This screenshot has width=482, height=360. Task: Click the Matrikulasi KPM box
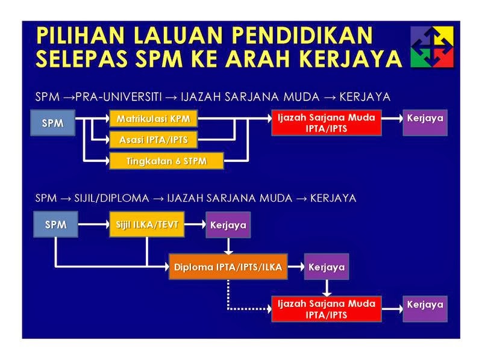(152, 119)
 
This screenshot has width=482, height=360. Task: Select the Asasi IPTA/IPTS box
(152, 140)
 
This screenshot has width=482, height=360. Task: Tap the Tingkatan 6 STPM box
(166, 161)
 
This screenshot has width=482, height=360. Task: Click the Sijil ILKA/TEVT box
(147, 225)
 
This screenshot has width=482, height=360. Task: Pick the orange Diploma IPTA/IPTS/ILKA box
(228, 267)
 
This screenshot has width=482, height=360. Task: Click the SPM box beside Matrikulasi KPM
(52, 123)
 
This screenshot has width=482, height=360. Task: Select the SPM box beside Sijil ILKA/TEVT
(56, 225)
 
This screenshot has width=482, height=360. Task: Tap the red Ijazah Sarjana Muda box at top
(326, 122)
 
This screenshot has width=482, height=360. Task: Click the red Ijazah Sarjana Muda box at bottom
(326, 308)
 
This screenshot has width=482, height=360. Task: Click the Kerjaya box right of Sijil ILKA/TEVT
(228, 225)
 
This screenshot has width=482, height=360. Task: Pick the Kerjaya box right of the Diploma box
(327, 267)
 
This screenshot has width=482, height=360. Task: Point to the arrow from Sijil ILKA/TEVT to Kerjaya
(195, 225)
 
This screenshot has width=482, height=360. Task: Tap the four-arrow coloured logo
(432, 47)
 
